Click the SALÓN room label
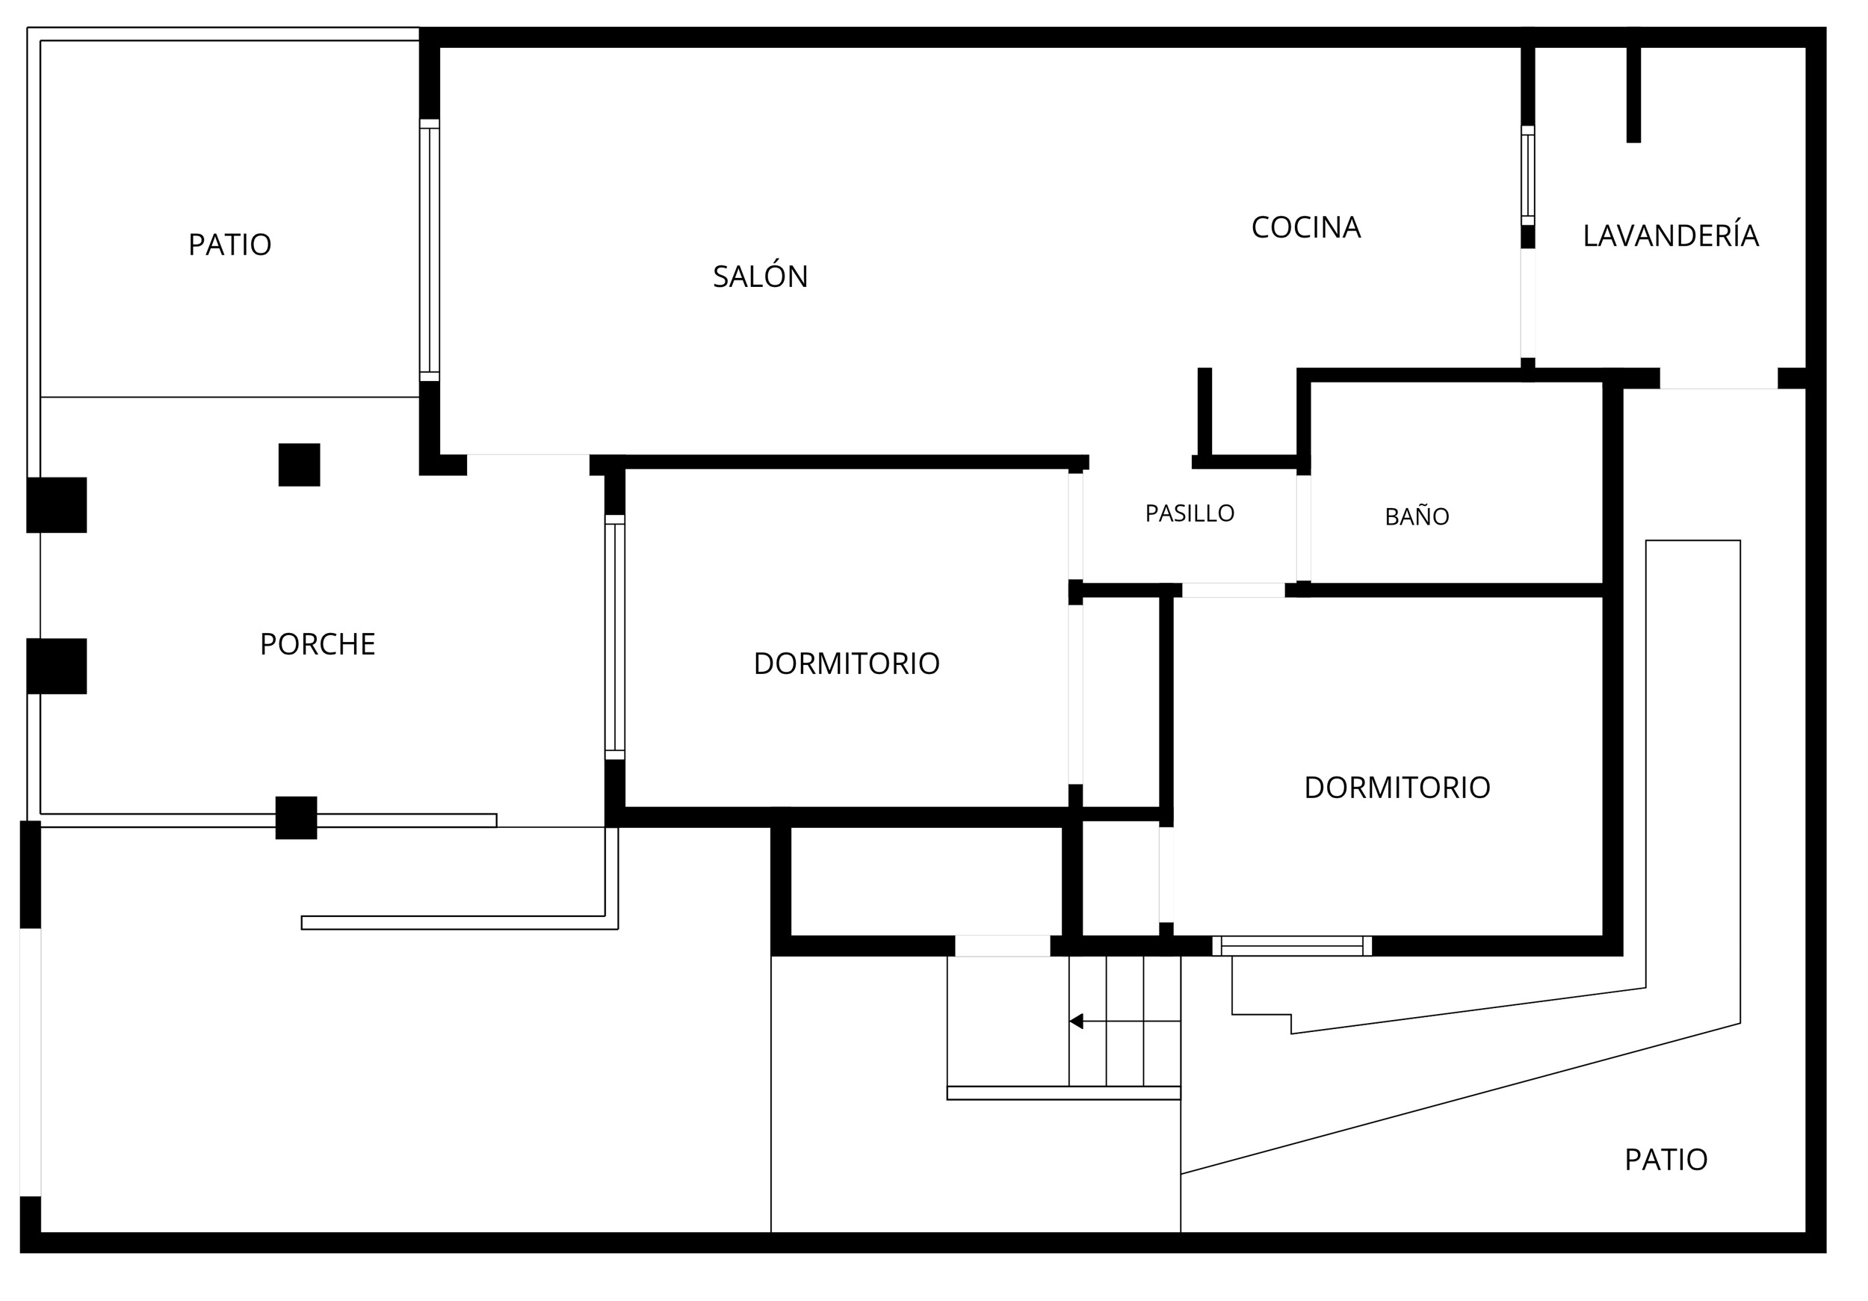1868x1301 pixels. [760, 276]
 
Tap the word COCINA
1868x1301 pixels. [1306, 227]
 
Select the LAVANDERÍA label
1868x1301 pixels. [1671, 235]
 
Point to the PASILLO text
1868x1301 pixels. [1190, 513]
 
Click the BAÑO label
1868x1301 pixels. [1417, 516]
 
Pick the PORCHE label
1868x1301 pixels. [318, 644]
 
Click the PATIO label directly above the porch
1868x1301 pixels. [229, 244]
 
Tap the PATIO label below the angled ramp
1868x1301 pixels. [1666, 1161]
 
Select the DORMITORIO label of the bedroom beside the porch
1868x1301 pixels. [846, 664]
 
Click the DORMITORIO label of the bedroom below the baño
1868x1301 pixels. [1397, 788]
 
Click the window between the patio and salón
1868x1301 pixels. [430, 250]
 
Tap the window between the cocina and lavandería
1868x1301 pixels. [1528, 175]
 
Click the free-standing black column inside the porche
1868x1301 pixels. [300, 465]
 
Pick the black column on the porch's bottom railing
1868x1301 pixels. [296, 818]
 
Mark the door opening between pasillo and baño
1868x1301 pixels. [1303, 528]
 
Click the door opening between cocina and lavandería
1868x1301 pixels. [1528, 303]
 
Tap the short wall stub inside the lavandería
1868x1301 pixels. [1633, 94]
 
